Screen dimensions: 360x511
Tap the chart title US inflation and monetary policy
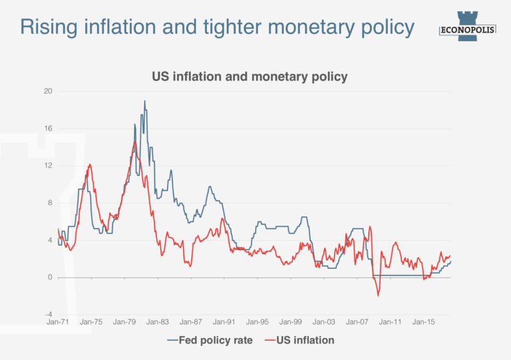pyautogui.click(x=250, y=77)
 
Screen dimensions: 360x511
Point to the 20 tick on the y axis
pyautogui.click(x=48, y=91)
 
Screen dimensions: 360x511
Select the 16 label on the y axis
pyautogui.click(x=48, y=128)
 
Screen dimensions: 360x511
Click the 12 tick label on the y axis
pyautogui.click(x=48, y=166)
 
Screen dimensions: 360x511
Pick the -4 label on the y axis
pyautogui.click(x=48, y=315)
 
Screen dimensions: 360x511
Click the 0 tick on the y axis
pyautogui.click(x=50, y=277)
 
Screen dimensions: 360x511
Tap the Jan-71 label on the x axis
pyautogui.click(x=58, y=322)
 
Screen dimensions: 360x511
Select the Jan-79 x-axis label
pyautogui.click(x=124, y=322)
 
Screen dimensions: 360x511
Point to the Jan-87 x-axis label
pyautogui.click(x=191, y=322)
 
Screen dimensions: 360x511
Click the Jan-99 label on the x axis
pyautogui.click(x=291, y=322)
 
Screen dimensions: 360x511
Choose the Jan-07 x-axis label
pyautogui.click(x=357, y=322)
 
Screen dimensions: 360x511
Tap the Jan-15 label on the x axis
pyautogui.click(x=424, y=322)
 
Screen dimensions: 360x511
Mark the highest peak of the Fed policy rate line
pyautogui.click(x=144, y=101)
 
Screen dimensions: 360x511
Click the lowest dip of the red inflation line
pyautogui.click(x=378, y=295)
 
